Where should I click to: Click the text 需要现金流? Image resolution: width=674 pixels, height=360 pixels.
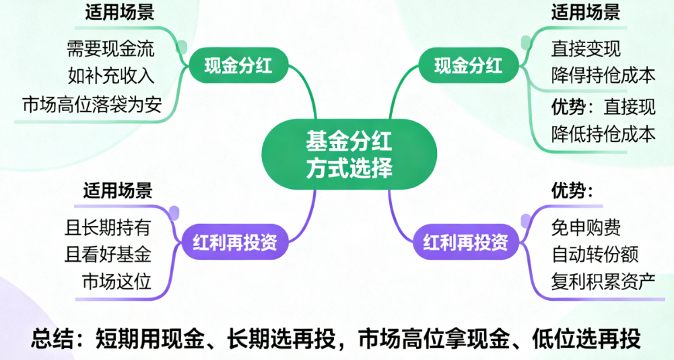click(x=110, y=48)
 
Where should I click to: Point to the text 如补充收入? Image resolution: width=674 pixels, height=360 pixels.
click(x=110, y=74)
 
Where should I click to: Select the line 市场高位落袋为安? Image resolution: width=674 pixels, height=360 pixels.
click(x=92, y=104)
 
